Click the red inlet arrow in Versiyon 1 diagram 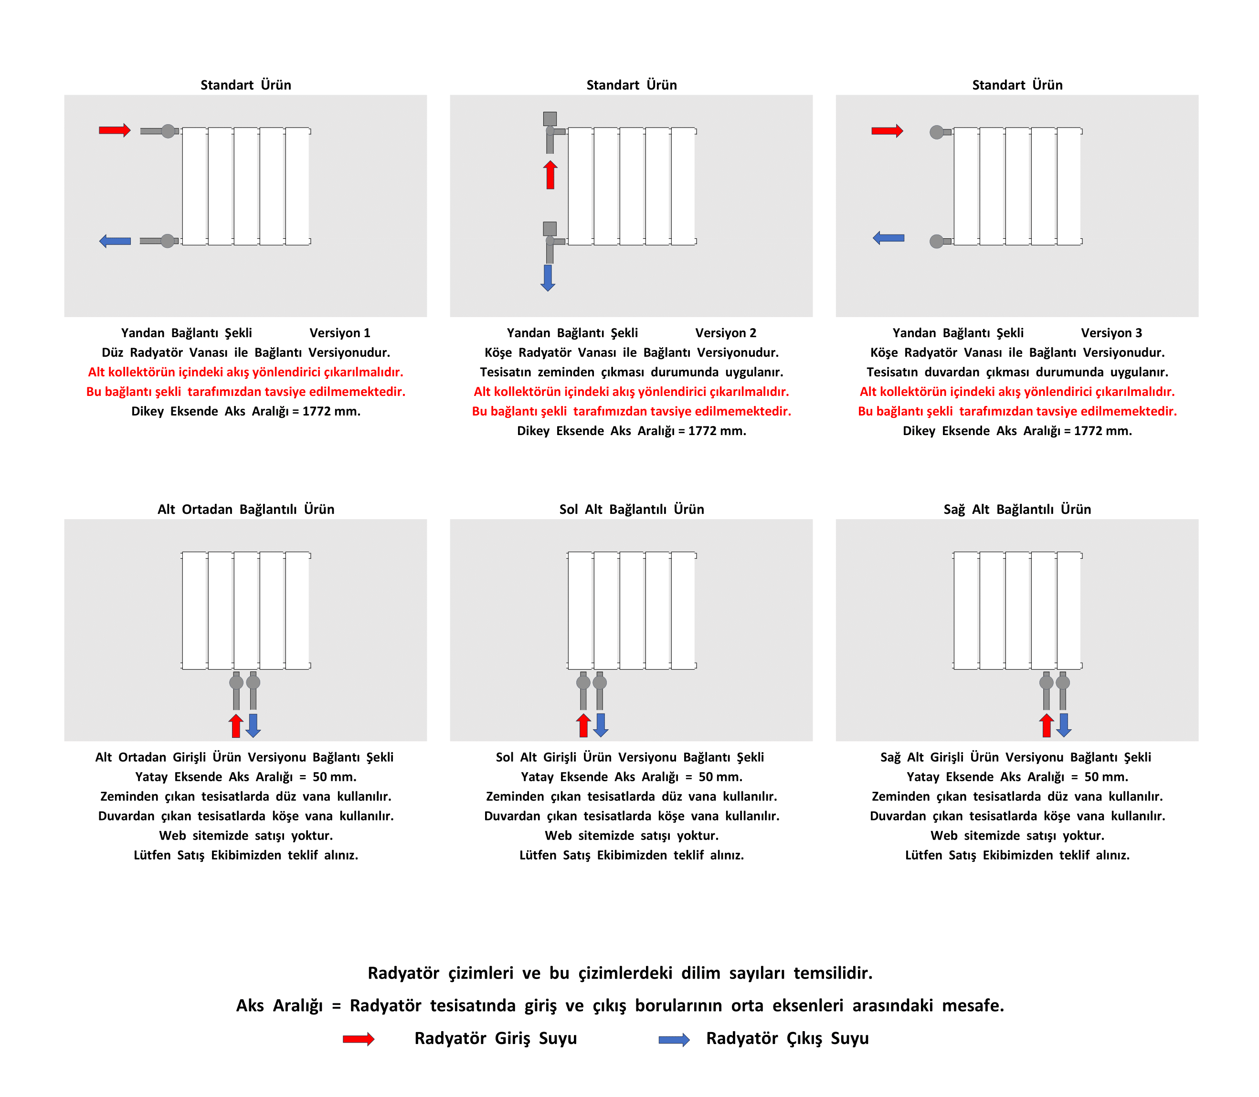click(x=115, y=130)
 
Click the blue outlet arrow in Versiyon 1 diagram click(x=115, y=241)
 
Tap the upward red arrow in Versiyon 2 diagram click(x=550, y=175)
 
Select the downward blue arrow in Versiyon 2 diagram click(x=548, y=278)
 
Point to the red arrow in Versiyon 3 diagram click(x=888, y=130)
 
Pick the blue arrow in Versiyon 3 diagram click(x=889, y=237)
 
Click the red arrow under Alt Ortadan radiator click(x=236, y=725)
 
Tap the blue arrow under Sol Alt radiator click(x=601, y=725)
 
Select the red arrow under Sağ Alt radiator click(x=1047, y=725)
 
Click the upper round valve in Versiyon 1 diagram click(x=168, y=130)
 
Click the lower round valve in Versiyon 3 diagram click(x=936, y=241)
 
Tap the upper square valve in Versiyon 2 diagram click(x=550, y=119)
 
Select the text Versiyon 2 click(x=726, y=333)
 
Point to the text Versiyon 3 click(x=1111, y=333)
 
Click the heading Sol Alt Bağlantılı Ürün click(x=632, y=509)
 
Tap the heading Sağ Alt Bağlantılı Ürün click(x=1017, y=509)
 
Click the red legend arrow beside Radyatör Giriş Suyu click(x=359, y=1039)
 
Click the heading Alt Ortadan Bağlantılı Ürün click(x=246, y=509)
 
